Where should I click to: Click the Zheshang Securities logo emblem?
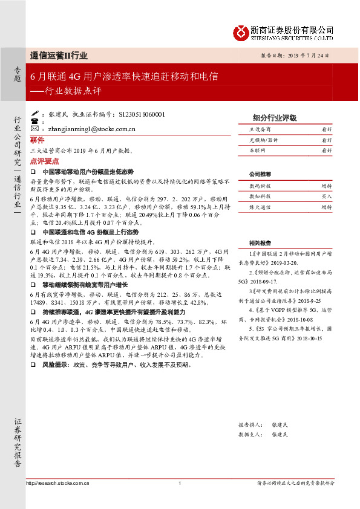click(241, 31)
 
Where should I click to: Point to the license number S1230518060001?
click(142, 114)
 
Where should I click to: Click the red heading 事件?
click(38, 139)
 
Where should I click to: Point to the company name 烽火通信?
click(260, 207)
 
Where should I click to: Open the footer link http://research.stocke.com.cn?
click(58, 482)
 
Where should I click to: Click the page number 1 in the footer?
click(180, 482)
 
